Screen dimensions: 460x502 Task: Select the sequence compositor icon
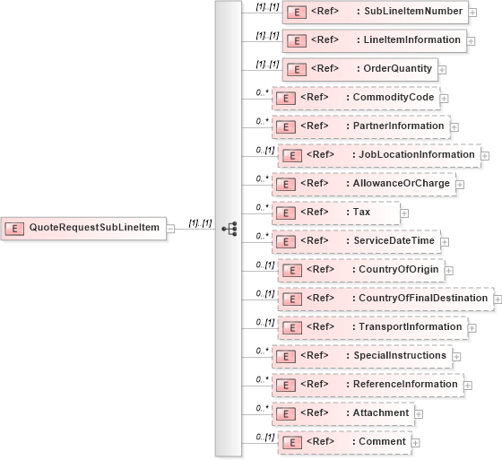click(x=229, y=229)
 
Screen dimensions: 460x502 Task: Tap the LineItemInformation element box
click(x=375, y=40)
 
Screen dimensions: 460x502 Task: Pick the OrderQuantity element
click(x=359, y=69)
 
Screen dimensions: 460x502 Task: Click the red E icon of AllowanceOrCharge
click(x=285, y=184)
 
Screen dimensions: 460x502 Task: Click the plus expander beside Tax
click(x=404, y=213)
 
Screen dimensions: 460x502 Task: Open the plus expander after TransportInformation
click(x=471, y=328)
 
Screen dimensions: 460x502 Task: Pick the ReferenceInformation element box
click(x=366, y=385)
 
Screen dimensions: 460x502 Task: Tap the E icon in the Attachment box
click(x=285, y=413)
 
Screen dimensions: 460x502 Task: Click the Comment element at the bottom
click(x=344, y=442)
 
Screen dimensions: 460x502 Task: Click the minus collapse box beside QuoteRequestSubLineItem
click(x=170, y=229)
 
